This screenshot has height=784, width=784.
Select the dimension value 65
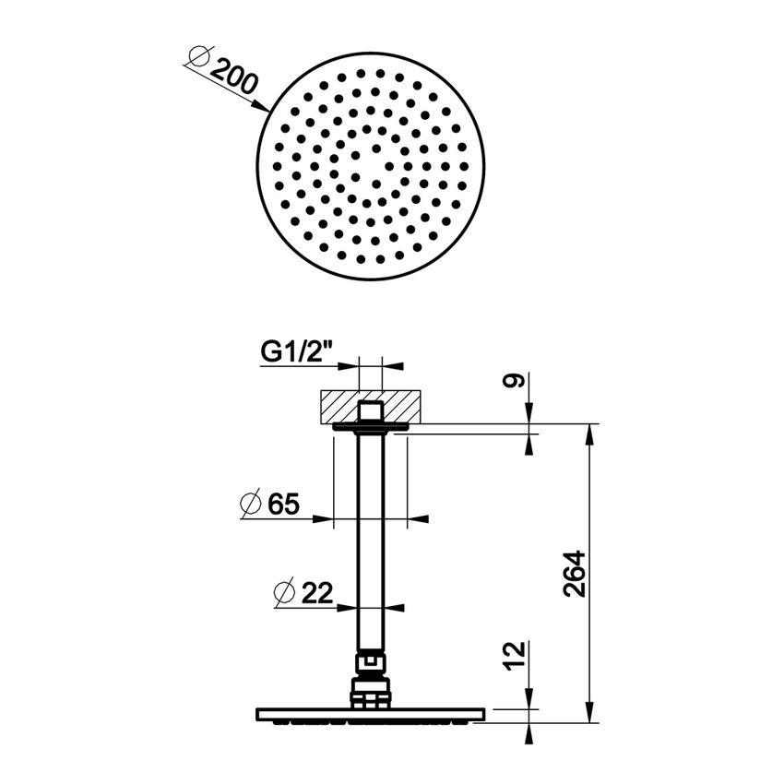283,505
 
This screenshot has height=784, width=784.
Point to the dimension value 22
316,592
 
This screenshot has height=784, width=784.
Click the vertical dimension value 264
574,574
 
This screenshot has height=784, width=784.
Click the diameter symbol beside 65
249,505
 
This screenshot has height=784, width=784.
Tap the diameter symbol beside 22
285,592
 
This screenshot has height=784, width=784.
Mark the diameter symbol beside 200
196,59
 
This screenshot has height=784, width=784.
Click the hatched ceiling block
337,406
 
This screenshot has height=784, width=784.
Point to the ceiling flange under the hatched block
369,427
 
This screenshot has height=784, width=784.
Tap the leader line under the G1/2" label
304,366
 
